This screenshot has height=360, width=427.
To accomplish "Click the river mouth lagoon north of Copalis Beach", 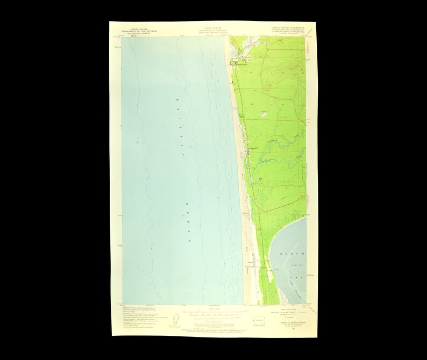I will click(x=237, y=52).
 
